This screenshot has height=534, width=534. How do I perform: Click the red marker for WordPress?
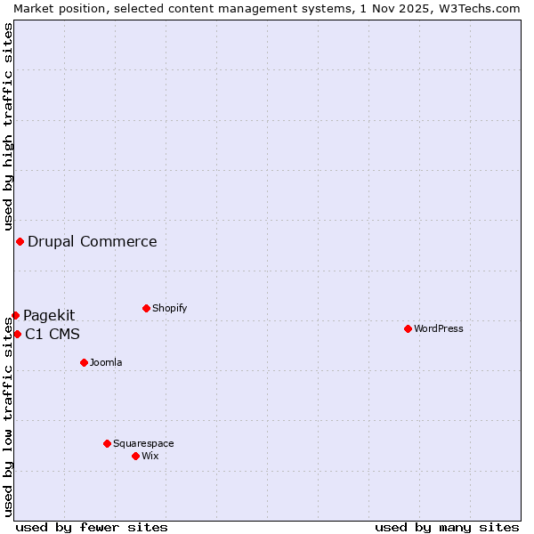coord(408,328)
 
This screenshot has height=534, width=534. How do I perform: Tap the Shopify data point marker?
coord(146,308)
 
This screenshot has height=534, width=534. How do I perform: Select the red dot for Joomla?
coord(84,362)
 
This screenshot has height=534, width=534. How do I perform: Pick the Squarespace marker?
coord(107,443)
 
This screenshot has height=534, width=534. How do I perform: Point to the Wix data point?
coord(135,456)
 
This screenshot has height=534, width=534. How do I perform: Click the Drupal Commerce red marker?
coord(20,241)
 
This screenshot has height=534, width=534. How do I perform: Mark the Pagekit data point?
coord(15,315)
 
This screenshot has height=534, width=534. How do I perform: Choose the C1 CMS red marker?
coord(17,334)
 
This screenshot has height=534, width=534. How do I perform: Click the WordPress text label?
coord(439,328)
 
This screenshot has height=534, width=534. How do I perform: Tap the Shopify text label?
coord(170,308)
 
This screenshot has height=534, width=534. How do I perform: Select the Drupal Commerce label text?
coord(93,241)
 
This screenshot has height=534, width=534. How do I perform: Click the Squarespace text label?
coord(143,443)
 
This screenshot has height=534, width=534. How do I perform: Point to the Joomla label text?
coord(106,362)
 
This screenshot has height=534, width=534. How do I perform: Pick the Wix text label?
coord(150,456)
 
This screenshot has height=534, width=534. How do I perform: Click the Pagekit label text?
coord(49,315)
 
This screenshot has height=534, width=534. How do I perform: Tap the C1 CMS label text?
coord(53,335)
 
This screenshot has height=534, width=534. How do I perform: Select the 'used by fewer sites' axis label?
coord(92,527)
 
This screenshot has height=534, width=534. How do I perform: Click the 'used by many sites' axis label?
coord(447,527)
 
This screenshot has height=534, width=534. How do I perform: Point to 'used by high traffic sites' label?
coord(9,126)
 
